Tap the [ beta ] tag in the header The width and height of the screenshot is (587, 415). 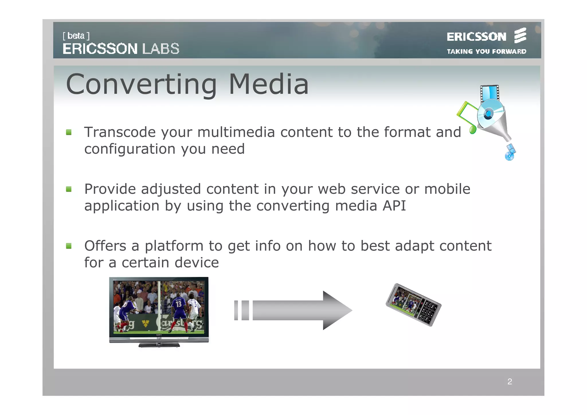pyautogui.click(x=76, y=36)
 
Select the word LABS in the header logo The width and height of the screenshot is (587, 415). pyautogui.click(x=161, y=49)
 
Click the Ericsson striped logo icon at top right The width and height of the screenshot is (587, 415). pyautogui.click(x=520, y=36)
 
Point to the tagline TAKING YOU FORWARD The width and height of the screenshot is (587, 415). pyautogui.click(x=486, y=52)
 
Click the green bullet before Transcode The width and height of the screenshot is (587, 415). pyautogui.click(x=69, y=132)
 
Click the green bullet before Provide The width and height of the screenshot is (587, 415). pyautogui.click(x=69, y=189)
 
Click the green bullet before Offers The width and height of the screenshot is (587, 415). pyautogui.click(x=69, y=246)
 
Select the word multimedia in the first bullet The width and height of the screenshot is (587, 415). pyautogui.click(x=236, y=132)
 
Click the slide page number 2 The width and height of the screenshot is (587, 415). pyautogui.click(x=510, y=382)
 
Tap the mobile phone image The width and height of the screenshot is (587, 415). pyautogui.click(x=413, y=305)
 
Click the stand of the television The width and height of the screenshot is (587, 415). pyautogui.click(x=159, y=345)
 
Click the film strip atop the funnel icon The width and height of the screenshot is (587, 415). pyautogui.click(x=490, y=93)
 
